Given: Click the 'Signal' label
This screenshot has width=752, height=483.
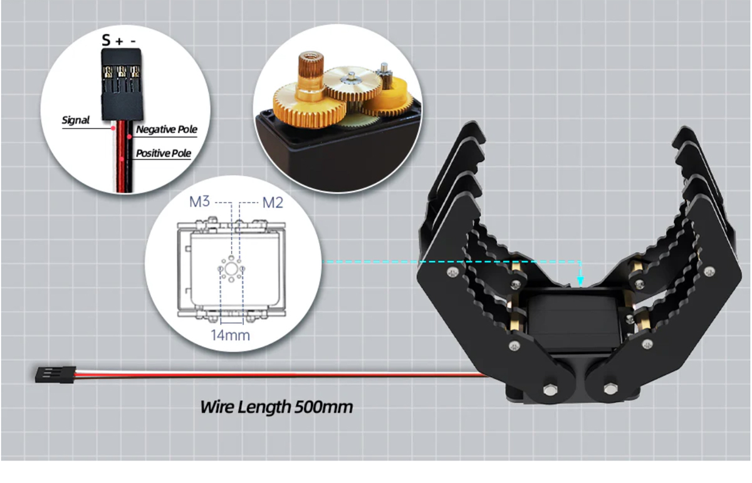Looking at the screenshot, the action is (76, 120).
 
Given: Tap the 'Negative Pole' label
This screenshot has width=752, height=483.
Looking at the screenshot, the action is (167, 129).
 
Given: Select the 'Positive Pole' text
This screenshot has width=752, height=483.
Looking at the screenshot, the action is (164, 153).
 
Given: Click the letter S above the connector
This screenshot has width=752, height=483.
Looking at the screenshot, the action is (106, 40).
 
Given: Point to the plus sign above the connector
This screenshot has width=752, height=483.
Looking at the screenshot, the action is (119, 41).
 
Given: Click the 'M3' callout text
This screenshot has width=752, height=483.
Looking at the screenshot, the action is (199, 201).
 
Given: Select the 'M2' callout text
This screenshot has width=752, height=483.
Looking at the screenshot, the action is (273, 202).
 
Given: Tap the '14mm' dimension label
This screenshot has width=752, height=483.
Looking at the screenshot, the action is (231, 335).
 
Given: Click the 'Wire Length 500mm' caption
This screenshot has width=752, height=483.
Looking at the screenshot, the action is (276, 407).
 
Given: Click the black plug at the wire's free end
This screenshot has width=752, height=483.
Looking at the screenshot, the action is (56, 375).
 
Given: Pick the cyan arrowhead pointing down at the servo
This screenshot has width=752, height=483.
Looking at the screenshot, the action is (580, 281).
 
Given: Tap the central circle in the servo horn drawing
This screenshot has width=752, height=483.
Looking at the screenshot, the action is (231, 269).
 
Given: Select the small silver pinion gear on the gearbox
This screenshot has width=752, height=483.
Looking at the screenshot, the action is (384, 77).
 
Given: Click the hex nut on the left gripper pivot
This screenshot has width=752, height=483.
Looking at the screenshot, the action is (550, 390).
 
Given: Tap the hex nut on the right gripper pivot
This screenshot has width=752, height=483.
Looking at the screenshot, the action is (610, 389).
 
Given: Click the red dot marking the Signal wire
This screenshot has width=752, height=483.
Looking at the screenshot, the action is (113, 128).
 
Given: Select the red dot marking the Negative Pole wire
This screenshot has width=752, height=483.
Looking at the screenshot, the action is (129, 137).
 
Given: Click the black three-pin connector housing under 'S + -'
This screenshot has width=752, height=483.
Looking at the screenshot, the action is (122, 84).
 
